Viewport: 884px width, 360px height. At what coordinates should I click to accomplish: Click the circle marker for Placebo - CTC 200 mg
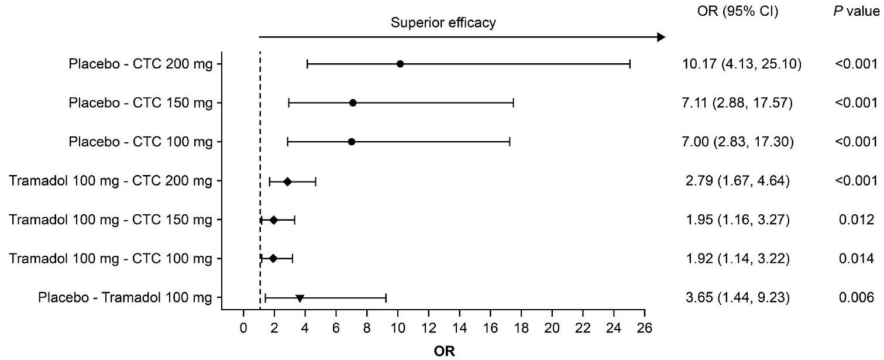tap(400, 64)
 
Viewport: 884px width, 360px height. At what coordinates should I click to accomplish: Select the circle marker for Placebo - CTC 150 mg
tap(353, 103)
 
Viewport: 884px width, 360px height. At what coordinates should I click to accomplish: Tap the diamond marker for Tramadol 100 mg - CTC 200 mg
tap(287, 181)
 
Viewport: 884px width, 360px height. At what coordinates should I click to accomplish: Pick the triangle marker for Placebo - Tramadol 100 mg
tap(300, 299)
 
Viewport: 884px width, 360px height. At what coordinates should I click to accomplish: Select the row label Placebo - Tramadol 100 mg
tap(125, 298)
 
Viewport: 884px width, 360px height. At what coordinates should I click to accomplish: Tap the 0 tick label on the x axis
tap(243, 328)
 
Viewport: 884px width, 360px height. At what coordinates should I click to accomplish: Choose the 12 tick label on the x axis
tap(429, 328)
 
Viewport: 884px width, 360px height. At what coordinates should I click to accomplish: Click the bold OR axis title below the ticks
tap(444, 352)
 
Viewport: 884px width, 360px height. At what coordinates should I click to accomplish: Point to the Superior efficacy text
tap(443, 23)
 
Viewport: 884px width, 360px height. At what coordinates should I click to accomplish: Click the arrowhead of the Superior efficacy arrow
tap(662, 37)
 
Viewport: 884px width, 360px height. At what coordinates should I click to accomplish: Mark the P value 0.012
tap(856, 220)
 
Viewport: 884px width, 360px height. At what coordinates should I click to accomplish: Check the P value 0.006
tap(856, 298)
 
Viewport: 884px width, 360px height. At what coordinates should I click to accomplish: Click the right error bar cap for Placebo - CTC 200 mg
tap(630, 64)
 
